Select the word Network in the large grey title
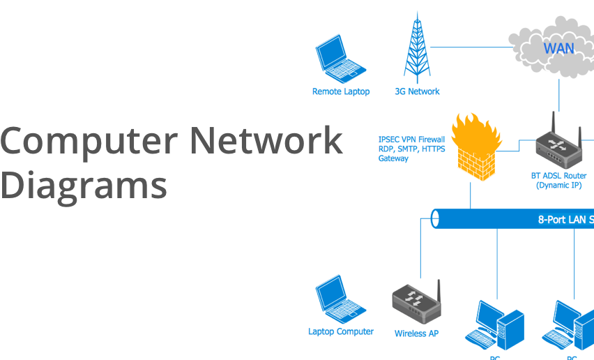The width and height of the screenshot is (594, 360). (x=266, y=141)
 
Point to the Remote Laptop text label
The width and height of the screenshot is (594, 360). (x=341, y=91)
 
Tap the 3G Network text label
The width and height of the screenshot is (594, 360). (x=418, y=91)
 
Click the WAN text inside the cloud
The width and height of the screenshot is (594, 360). (x=558, y=49)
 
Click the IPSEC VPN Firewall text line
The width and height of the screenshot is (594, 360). (x=411, y=139)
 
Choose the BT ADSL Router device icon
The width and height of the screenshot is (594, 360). (x=558, y=142)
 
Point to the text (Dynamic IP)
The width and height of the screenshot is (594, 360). (x=558, y=186)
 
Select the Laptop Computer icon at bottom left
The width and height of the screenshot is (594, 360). (x=340, y=299)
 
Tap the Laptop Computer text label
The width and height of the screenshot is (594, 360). (x=341, y=331)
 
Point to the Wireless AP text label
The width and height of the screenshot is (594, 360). (x=416, y=333)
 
